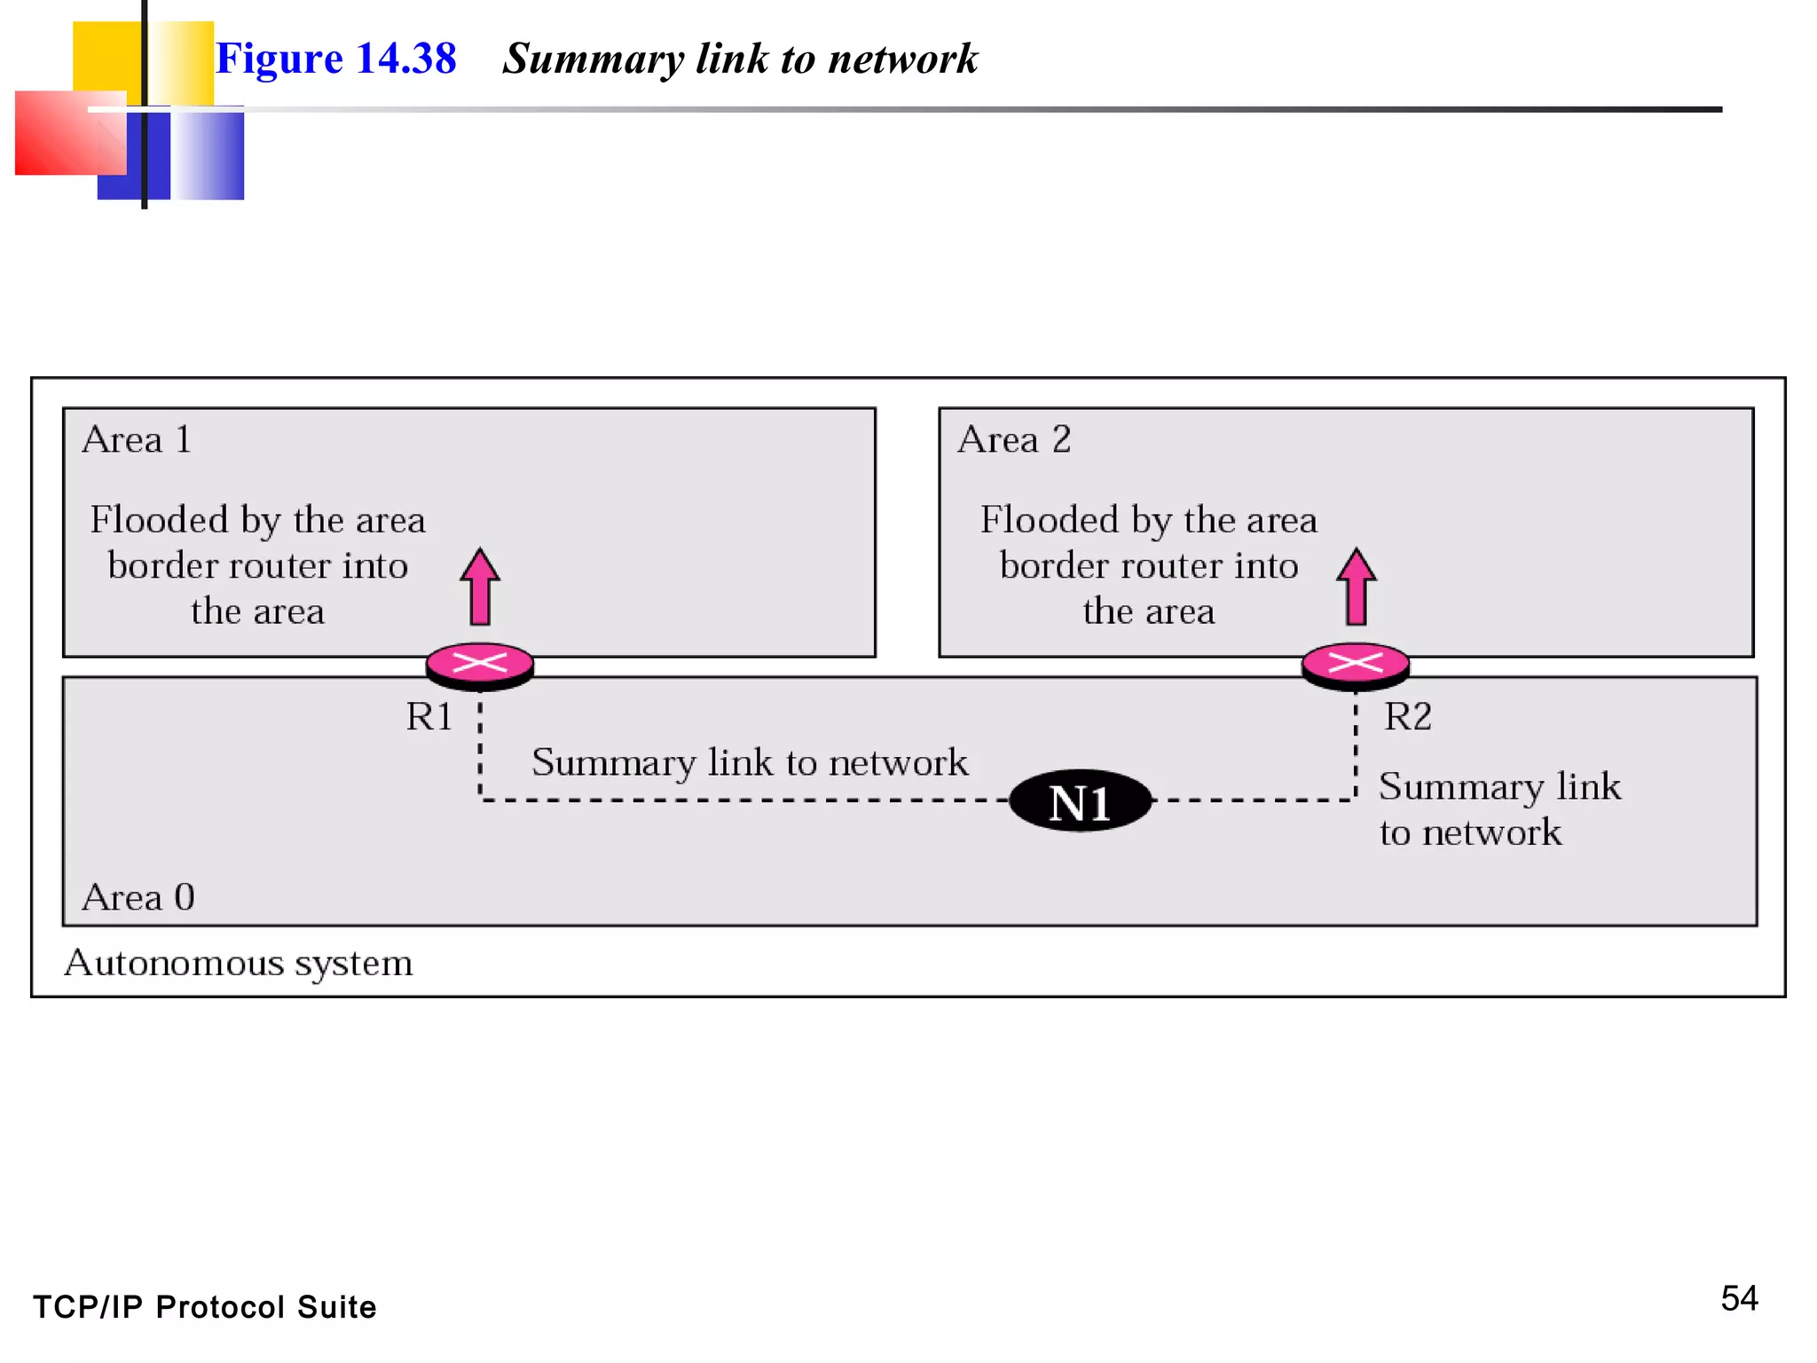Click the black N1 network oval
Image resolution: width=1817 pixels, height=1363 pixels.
(x=1081, y=801)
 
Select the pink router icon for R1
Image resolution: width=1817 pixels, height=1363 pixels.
(x=480, y=664)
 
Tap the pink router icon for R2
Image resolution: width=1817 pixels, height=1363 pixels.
(x=1355, y=664)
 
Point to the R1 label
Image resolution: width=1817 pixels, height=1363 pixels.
(x=429, y=716)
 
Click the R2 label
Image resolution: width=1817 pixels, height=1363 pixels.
(x=1408, y=716)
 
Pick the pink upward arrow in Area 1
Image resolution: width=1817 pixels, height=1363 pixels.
(x=480, y=587)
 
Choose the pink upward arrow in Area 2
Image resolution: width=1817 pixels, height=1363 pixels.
(x=1356, y=587)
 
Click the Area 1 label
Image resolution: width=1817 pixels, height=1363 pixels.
(x=137, y=440)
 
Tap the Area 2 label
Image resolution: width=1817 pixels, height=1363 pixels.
(x=1014, y=440)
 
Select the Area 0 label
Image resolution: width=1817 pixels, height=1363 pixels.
(x=138, y=897)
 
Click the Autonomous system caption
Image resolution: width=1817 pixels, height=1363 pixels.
(x=239, y=963)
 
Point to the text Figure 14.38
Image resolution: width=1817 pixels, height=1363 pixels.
(x=336, y=59)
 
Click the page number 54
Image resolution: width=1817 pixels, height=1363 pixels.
(x=1739, y=1298)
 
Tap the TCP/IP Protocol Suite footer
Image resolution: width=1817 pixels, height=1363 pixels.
(x=205, y=1307)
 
